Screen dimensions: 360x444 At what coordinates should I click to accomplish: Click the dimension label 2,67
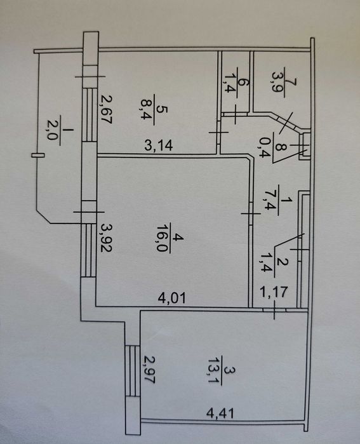click(x=107, y=110)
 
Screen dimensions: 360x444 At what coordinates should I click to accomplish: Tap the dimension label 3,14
click(x=158, y=145)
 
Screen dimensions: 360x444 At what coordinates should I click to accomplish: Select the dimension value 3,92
click(x=107, y=238)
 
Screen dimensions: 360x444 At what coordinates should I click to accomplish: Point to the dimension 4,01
click(x=172, y=298)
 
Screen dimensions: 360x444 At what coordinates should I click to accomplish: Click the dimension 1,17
click(x=274, y=292)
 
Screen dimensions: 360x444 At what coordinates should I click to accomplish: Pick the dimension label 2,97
click(x=149, y=369)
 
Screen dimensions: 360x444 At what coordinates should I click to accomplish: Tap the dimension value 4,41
click(x=220, y=413)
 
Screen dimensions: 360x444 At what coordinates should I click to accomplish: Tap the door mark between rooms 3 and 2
click(x=274, y=310)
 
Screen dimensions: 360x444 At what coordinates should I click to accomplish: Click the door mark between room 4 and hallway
click(x=251, y=214)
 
